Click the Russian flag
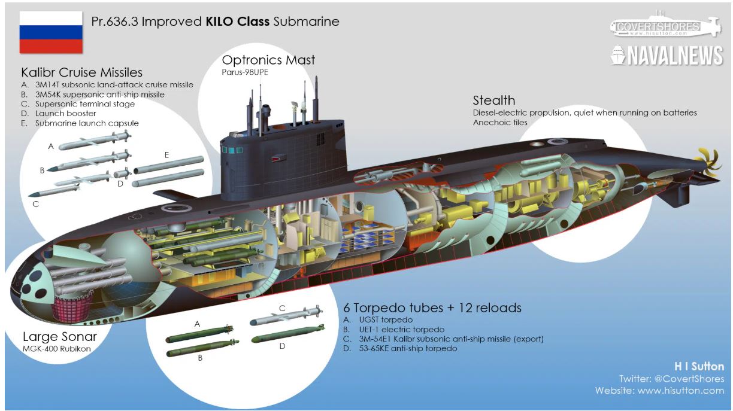(51, 32)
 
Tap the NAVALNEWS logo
(667, 56)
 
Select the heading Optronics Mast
(268, 60)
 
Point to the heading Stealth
(493, 100)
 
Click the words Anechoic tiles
(500, 123)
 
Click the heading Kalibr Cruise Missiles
(81, 72)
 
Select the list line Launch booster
(65, 113)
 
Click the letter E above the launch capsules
(166, 155)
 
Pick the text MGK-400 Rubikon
(55, 348)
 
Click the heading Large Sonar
(59, 336)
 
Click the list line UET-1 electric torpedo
(393, 329)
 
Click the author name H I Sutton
(699, 366)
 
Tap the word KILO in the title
(223, 22)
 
